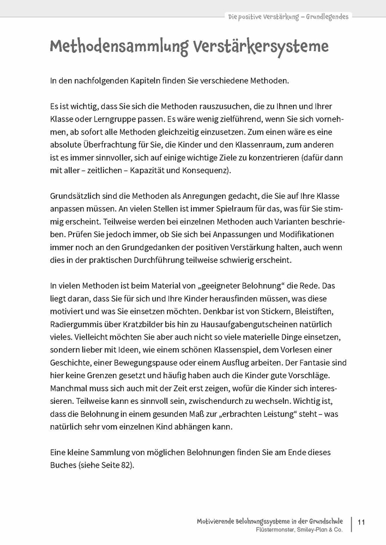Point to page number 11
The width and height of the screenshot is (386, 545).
point(361,522)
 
